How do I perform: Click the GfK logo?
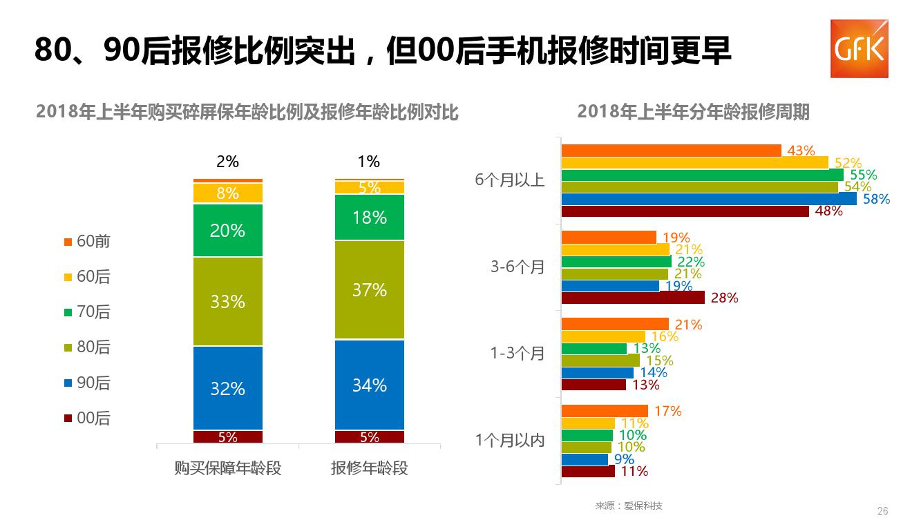pos(859,48)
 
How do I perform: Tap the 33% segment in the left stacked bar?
pos(228,301)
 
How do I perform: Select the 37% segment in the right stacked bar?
pos(370,289)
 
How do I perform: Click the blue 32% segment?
pos(228,388)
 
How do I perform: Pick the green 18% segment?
pos(370,218)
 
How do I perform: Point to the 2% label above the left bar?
pos(227,162)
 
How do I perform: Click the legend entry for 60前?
pos(87,242)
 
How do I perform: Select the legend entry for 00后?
pos(87,419)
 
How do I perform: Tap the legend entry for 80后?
pos(87,347)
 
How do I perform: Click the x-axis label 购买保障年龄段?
pos(228,468)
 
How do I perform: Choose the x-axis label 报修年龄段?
pos(370,468)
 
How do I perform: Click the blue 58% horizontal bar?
pos(709,199)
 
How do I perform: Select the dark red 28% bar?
pos(633,298)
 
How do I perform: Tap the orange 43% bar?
pos(671,151)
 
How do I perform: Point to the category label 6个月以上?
pos(510,181)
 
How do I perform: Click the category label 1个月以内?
pos(510,441)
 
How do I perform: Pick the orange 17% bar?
pos(605,411)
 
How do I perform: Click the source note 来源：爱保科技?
pos(629,506)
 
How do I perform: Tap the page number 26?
pos(882,511)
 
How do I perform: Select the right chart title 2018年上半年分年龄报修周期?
pos(693,112)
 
